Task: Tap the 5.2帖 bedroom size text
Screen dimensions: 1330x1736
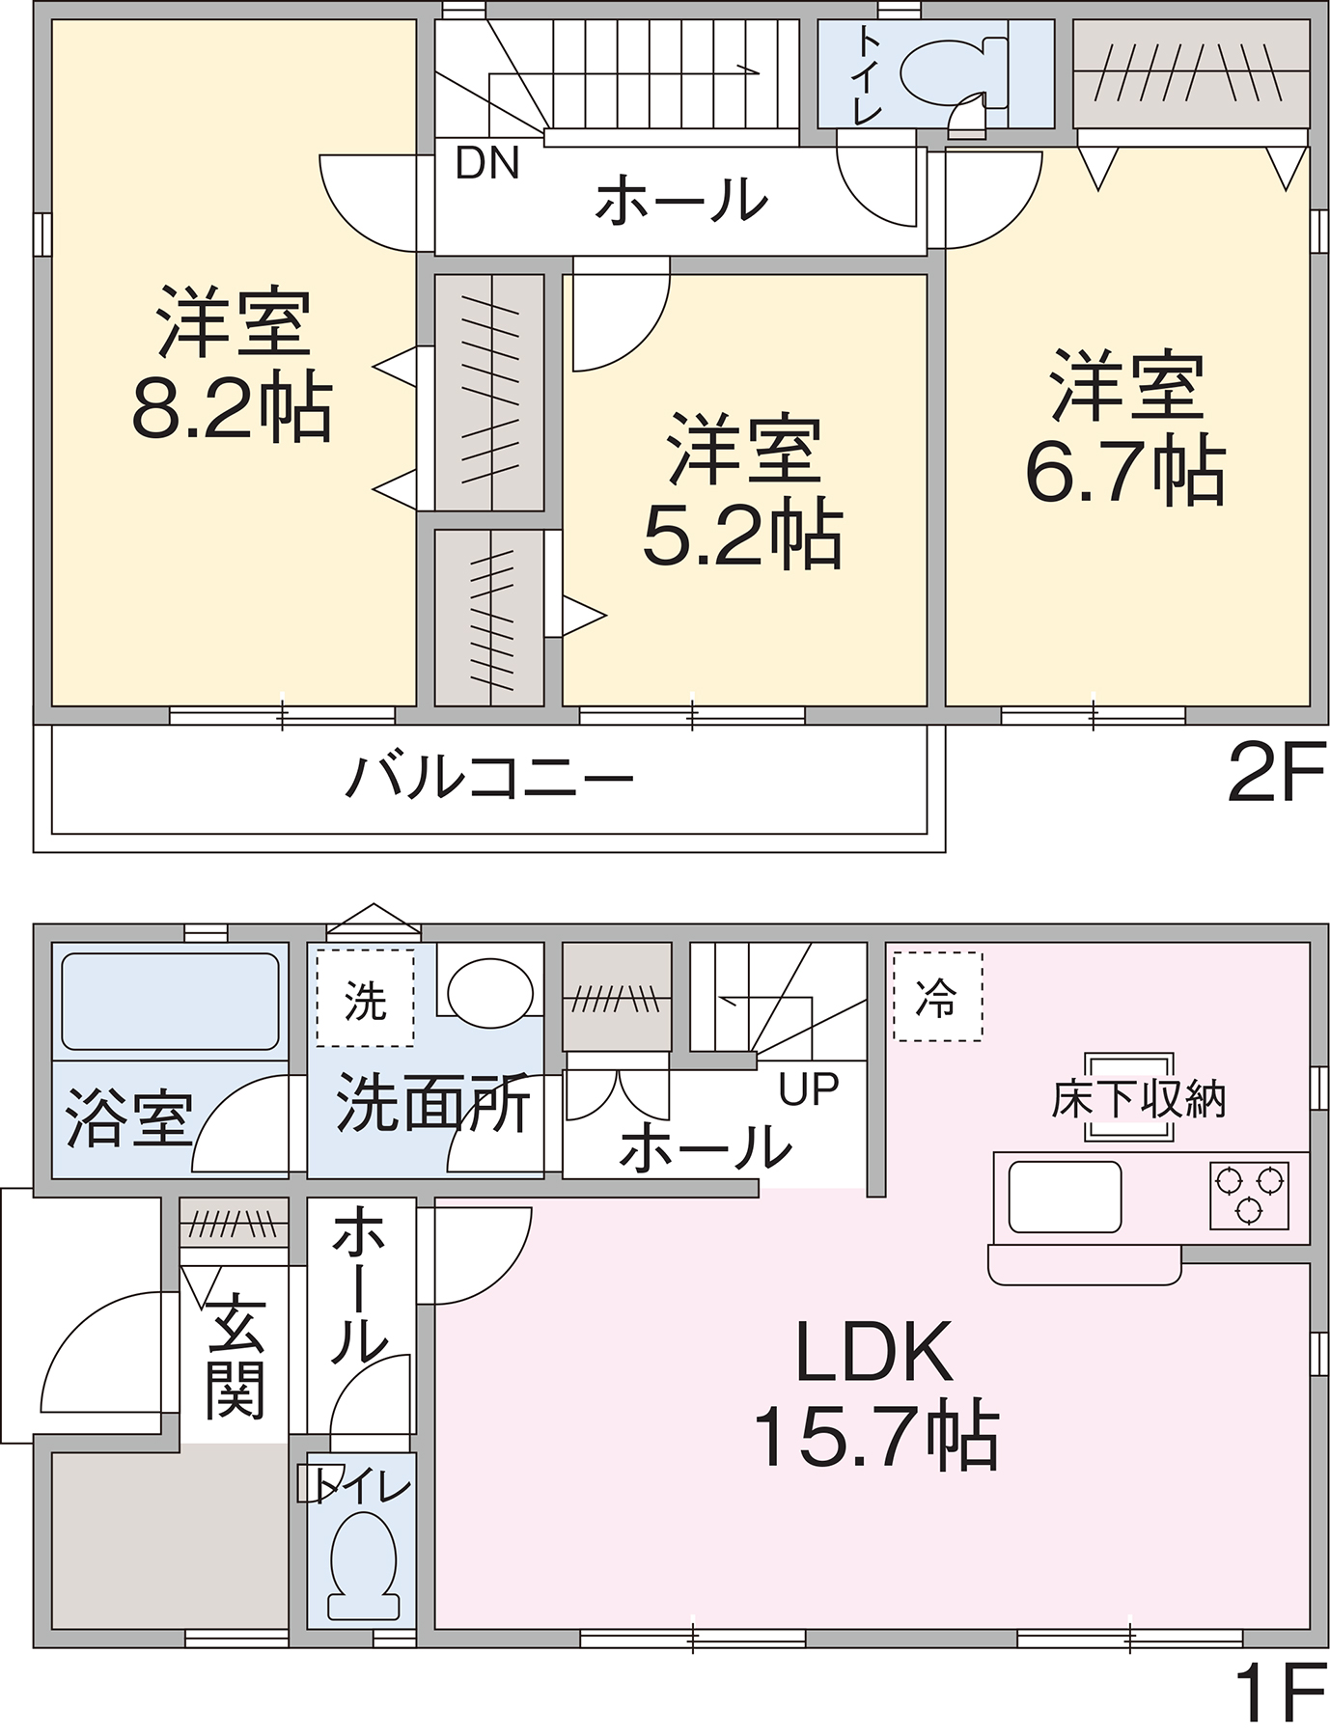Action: click(x=743, y=534)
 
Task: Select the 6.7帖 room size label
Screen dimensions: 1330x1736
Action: click(x=1125, y=471)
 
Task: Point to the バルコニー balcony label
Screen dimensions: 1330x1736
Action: click(x=489, y=778)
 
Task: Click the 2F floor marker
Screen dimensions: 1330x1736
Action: click(x=1276, y=773)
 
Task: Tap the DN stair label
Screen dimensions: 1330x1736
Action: click(x=487, y=163)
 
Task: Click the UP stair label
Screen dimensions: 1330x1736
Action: click(x=809, y=1089)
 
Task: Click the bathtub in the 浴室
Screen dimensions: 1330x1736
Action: click(x=170, y=1002)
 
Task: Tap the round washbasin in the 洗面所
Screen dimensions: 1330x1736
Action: click(x=490, y=992)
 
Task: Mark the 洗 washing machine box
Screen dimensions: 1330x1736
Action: click(x=365, y=999)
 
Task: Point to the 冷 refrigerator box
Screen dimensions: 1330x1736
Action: click(x=937, y=997)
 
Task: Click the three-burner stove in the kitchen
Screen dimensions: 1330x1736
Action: click(x=1250, y=1195)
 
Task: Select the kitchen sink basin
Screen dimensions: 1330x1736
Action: click(x=1065, y=1197)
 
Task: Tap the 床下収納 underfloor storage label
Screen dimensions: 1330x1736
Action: click(x=1139, y=1099)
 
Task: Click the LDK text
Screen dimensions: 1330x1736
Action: click(x=874, y=1353)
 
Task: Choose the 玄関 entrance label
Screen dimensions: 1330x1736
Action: click(x=236, y=1356)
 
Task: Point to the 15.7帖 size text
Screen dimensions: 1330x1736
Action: click(x=876, y=1437)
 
